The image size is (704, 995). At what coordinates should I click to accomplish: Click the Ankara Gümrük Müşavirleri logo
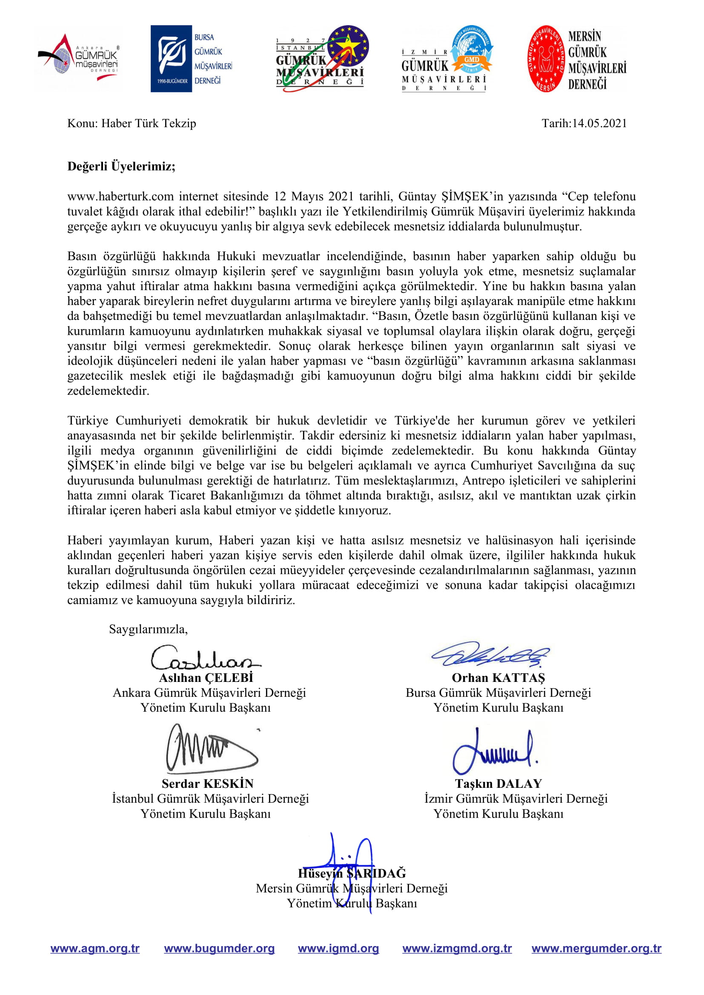79,59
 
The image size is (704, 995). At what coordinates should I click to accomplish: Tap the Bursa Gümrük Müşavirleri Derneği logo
191,59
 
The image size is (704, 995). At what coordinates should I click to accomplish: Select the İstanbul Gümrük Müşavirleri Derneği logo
322,59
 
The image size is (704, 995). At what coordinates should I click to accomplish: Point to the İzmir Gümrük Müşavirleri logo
446,59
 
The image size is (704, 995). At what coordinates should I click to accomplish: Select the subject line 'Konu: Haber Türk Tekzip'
132,123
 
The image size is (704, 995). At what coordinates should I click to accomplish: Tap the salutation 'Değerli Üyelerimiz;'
121,166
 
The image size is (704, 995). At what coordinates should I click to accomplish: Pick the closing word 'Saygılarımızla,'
148,629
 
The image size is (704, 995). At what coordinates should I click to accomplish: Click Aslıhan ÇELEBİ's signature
205,658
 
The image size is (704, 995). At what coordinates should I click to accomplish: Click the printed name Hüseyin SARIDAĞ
352,873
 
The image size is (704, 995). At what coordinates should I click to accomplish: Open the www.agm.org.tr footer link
95,949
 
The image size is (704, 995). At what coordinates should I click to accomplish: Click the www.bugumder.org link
219,949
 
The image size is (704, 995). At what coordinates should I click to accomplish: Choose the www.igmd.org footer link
338,949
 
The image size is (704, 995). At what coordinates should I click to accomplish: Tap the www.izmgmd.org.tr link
457,949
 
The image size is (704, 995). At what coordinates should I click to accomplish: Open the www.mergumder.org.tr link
596,949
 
